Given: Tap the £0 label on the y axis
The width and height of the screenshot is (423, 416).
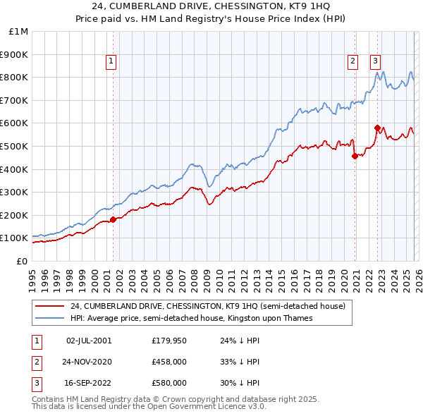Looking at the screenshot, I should pos(22,261).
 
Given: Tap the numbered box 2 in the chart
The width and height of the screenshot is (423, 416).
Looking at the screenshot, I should pos(352,62).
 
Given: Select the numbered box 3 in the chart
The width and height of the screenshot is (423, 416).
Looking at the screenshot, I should pos(375,62).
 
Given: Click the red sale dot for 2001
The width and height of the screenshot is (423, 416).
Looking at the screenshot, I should pos(113,219).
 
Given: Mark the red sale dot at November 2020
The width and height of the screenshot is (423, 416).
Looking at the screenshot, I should pos(355,156).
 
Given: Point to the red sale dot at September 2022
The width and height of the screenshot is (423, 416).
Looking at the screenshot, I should pos(377,128).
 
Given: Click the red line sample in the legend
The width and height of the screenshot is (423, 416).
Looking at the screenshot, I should pos(50,307).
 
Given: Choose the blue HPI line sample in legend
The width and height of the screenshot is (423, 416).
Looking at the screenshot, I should pos(50,319).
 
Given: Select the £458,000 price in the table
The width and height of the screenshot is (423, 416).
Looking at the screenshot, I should pos(169,362).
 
